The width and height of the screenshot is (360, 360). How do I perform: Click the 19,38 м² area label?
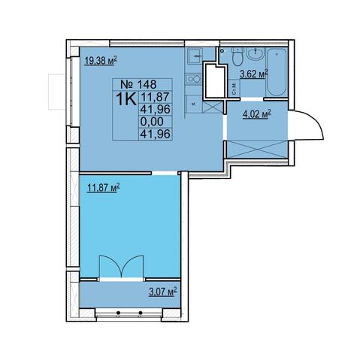click(x=101, y=61)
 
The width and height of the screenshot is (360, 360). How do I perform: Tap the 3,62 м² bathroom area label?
click(x=254, y=74)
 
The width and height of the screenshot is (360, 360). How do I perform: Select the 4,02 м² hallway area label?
click(x=257, y=115)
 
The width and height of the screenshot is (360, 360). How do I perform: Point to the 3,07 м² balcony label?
click(x=163, y=292)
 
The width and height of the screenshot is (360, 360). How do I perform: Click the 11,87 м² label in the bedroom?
click(x=103, y=188)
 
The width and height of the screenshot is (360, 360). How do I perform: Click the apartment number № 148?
click(x=138, y=84)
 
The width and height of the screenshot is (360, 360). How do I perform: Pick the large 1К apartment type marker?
click(x=126, y=99)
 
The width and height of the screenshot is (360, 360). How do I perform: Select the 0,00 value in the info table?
click(x=152, y=122)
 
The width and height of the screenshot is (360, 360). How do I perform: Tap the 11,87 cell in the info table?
click(x=156, y=97)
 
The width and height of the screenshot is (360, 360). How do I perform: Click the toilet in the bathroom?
click(x=237, y=57)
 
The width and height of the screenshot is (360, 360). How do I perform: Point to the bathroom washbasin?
click(x=256, y=54)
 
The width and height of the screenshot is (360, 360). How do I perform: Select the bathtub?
click(x=277, y=72)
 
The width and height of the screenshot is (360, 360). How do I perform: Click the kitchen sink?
click(x=195, y=56)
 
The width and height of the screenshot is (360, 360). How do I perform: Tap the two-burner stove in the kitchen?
click(x=193, y=79)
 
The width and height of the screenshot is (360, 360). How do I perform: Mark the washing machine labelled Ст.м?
click(x=234, y=89)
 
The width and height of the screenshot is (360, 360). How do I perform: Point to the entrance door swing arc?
click(x=314, y=121)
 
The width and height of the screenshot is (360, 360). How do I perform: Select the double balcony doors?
click(x=122, y=267)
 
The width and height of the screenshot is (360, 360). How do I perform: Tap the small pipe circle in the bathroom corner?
click(x=221, y=51)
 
